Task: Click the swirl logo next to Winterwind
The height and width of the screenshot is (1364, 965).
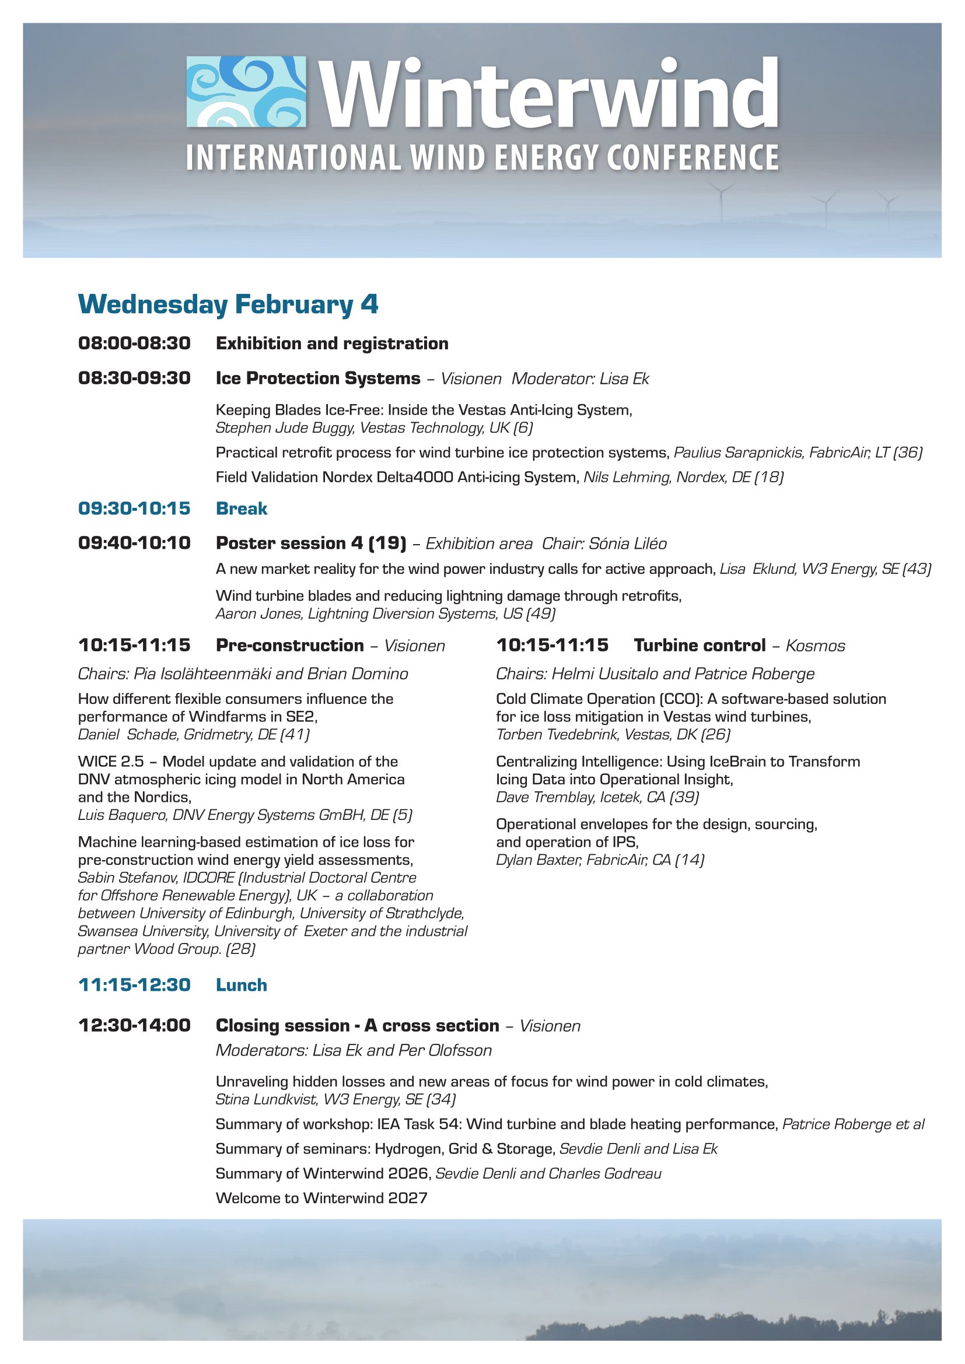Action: click(246, 92)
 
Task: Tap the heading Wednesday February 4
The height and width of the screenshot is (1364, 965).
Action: click(228, 304)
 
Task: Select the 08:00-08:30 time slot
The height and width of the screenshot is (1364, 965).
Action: click(134, 343)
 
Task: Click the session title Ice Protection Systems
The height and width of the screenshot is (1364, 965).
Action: click(318, 378)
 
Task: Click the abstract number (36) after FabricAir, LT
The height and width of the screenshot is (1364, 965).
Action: click(908, 453)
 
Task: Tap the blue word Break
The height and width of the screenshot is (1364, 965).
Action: click(242, 509)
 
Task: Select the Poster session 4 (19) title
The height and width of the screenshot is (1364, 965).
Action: click(311, 543)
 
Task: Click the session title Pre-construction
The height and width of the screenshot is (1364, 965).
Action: click(290, 645)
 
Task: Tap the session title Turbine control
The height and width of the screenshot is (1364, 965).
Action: click(700, 645)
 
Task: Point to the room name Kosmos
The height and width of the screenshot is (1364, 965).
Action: click(815, 646)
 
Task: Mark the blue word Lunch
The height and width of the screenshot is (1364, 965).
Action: click(242, 985)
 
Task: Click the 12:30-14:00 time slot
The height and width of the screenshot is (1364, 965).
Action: click(134, 1025)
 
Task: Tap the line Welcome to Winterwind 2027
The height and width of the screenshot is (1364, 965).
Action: click(321, 1198)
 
